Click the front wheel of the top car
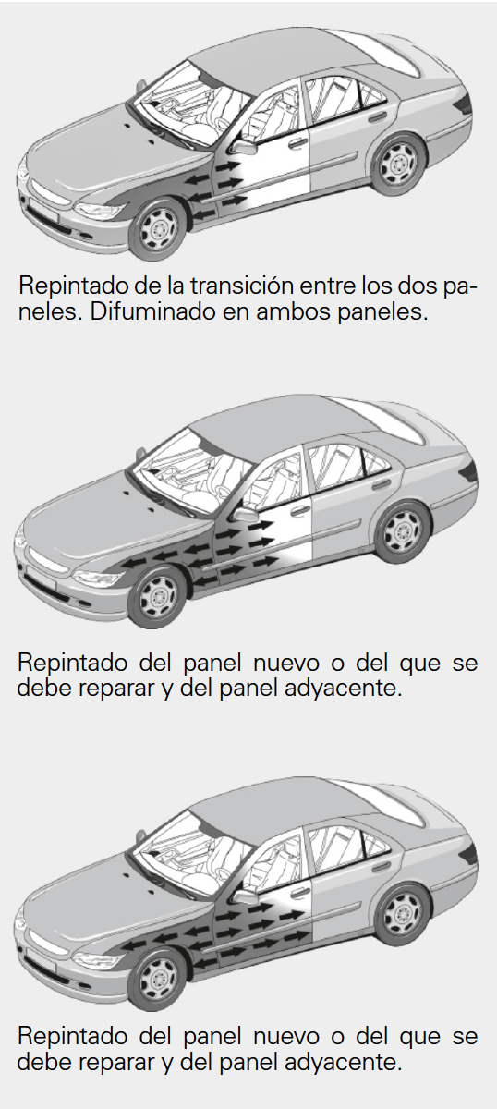(158, 229)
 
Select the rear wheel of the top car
(398, 164)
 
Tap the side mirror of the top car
(245, 147)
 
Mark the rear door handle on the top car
(378, 117)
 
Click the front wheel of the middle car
(158, 597)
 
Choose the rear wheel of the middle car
(403, 531)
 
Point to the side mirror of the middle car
(246, 515)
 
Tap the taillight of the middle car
(469, 472)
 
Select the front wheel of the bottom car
(158, 979)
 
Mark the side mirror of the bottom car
(246, 896)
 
